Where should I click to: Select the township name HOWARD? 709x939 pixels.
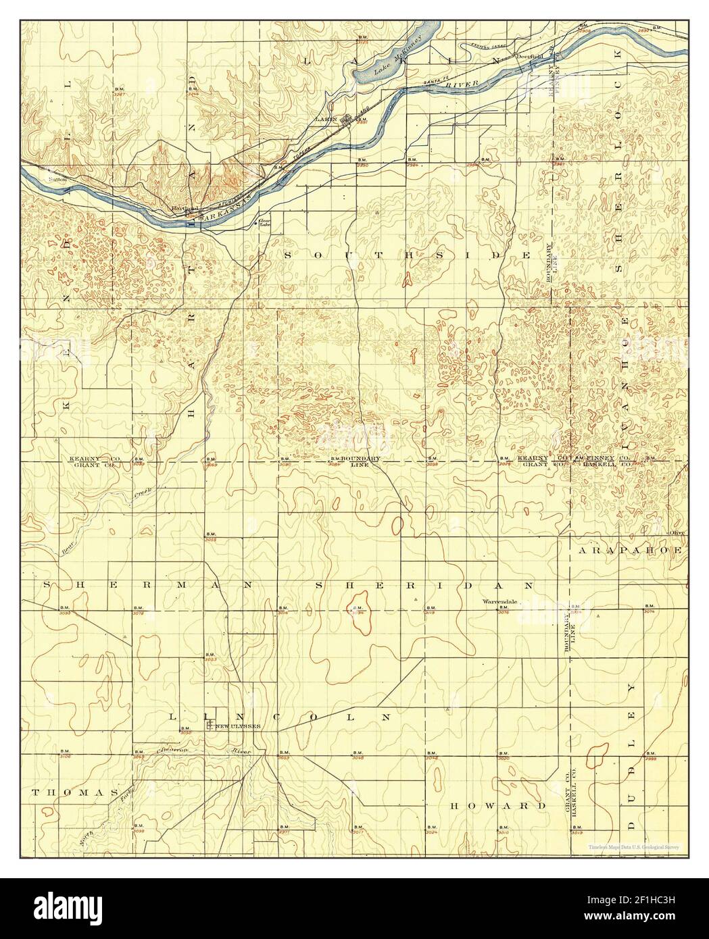tap(497, 806)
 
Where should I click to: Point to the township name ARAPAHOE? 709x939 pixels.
tap(630, 551)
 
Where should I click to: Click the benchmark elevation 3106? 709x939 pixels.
tap(66, 757)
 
